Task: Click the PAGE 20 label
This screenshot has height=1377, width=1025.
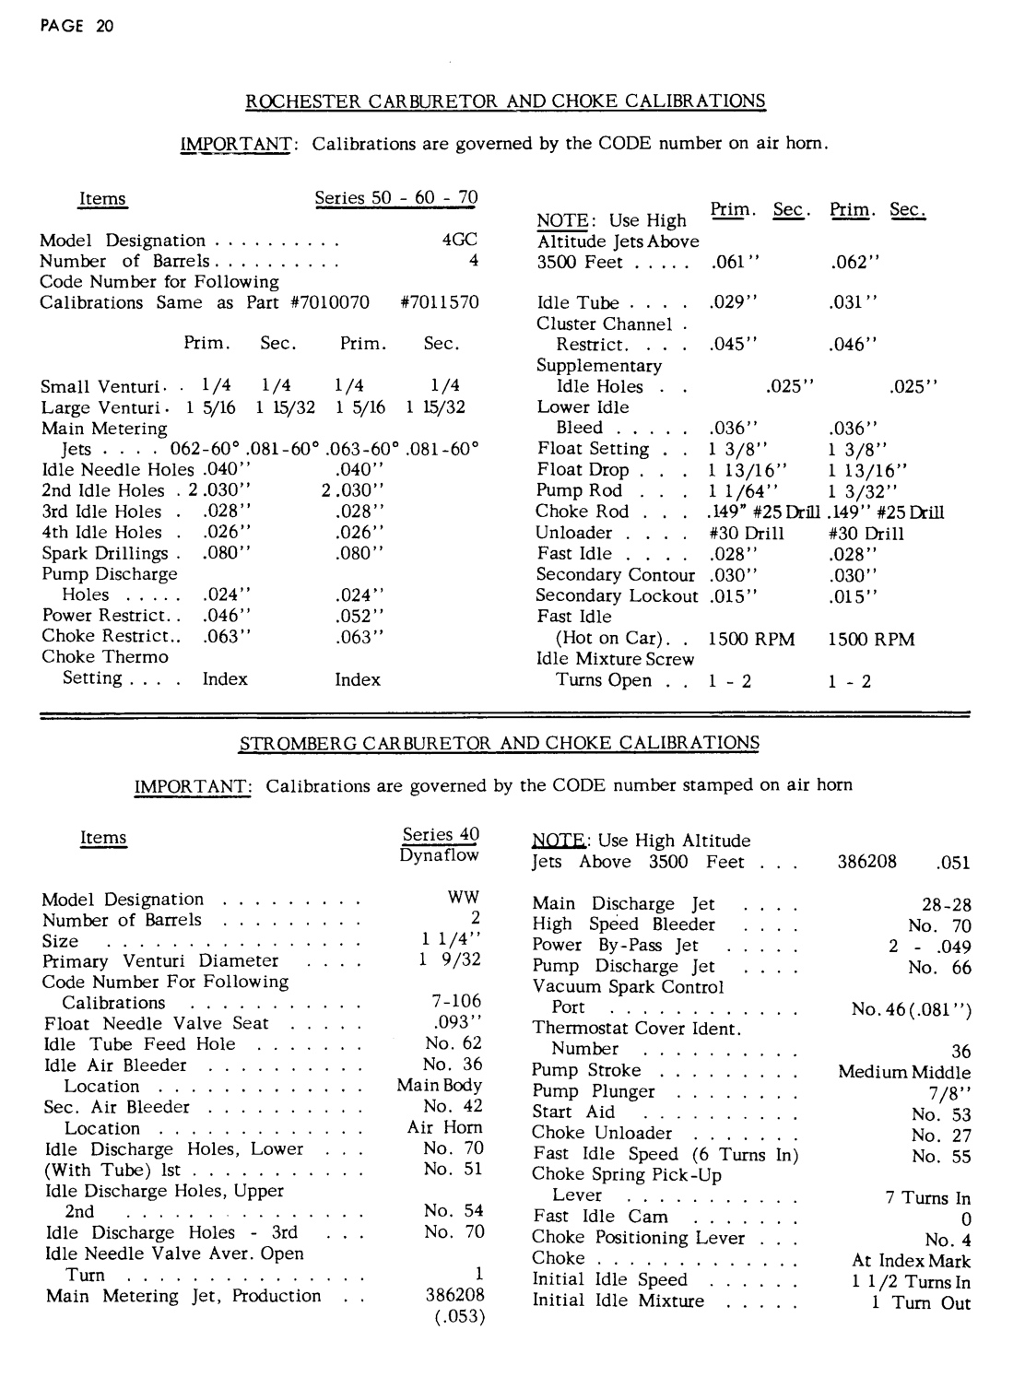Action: [x=77, y=26]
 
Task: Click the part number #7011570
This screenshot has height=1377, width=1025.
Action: [x=441, y=302]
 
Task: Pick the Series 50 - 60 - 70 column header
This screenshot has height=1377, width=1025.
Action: [x=396, y=198]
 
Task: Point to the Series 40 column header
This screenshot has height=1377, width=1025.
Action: [x=441, y=835]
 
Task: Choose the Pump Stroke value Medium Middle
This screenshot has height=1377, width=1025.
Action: [x=903, y=1072]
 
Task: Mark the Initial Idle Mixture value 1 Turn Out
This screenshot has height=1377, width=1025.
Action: [x=920, y=1302]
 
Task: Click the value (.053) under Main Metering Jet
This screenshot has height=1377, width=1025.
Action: [x=459, y=1316]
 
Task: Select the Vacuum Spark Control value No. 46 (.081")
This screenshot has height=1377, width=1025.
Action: [x=911, y=1009]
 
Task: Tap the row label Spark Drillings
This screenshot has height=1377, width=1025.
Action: [x=105, y=553]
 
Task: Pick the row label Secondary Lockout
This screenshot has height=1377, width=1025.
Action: [x=617, y=595]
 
